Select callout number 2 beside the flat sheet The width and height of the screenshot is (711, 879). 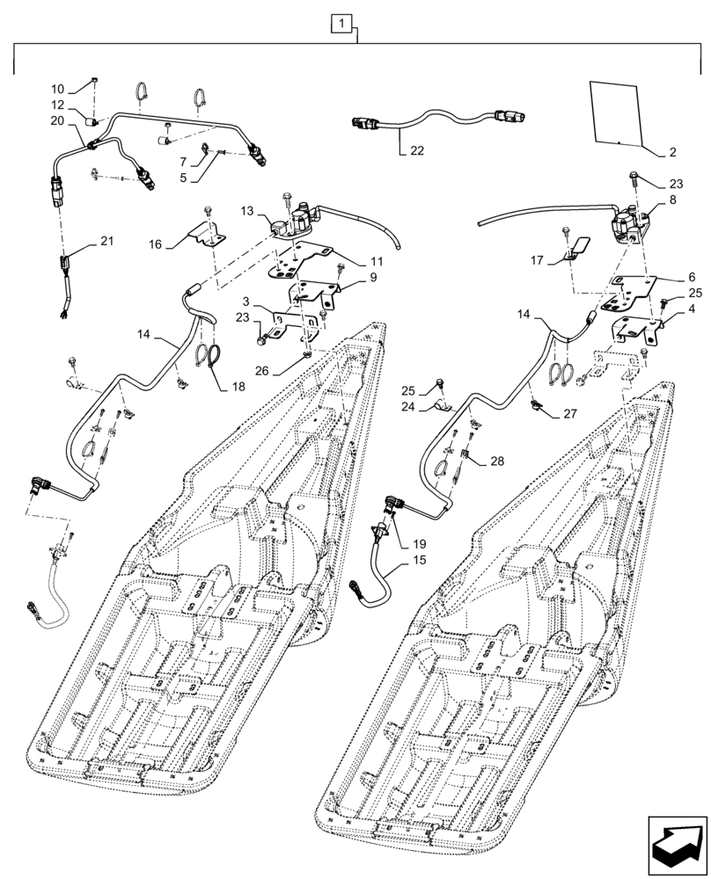[x=672, y=153]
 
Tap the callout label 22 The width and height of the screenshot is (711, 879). [x=416, y=151]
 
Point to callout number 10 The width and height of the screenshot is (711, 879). [x=57, y=89]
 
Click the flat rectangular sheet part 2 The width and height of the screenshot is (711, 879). [x=614, y=110]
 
